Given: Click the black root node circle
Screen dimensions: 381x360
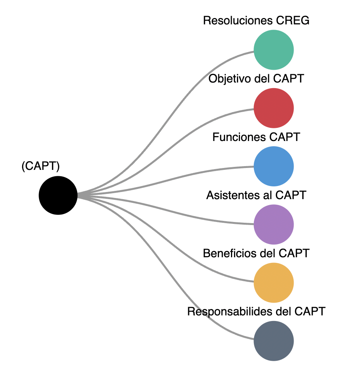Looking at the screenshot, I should click(x=58, y=195).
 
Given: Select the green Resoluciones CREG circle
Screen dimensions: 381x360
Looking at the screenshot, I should click(x=273, y=50).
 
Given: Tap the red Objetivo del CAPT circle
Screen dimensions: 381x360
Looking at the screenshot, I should click(x=273, y=108).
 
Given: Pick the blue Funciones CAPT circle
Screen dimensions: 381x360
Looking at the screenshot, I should click(x=273, y=166).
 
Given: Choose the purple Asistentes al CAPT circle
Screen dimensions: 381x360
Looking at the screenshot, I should click(x=273, y=224).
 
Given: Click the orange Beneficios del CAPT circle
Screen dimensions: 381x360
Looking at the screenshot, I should click(x=273, y=282).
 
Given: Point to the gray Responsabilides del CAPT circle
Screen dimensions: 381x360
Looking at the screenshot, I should click(x=273, y=340).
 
